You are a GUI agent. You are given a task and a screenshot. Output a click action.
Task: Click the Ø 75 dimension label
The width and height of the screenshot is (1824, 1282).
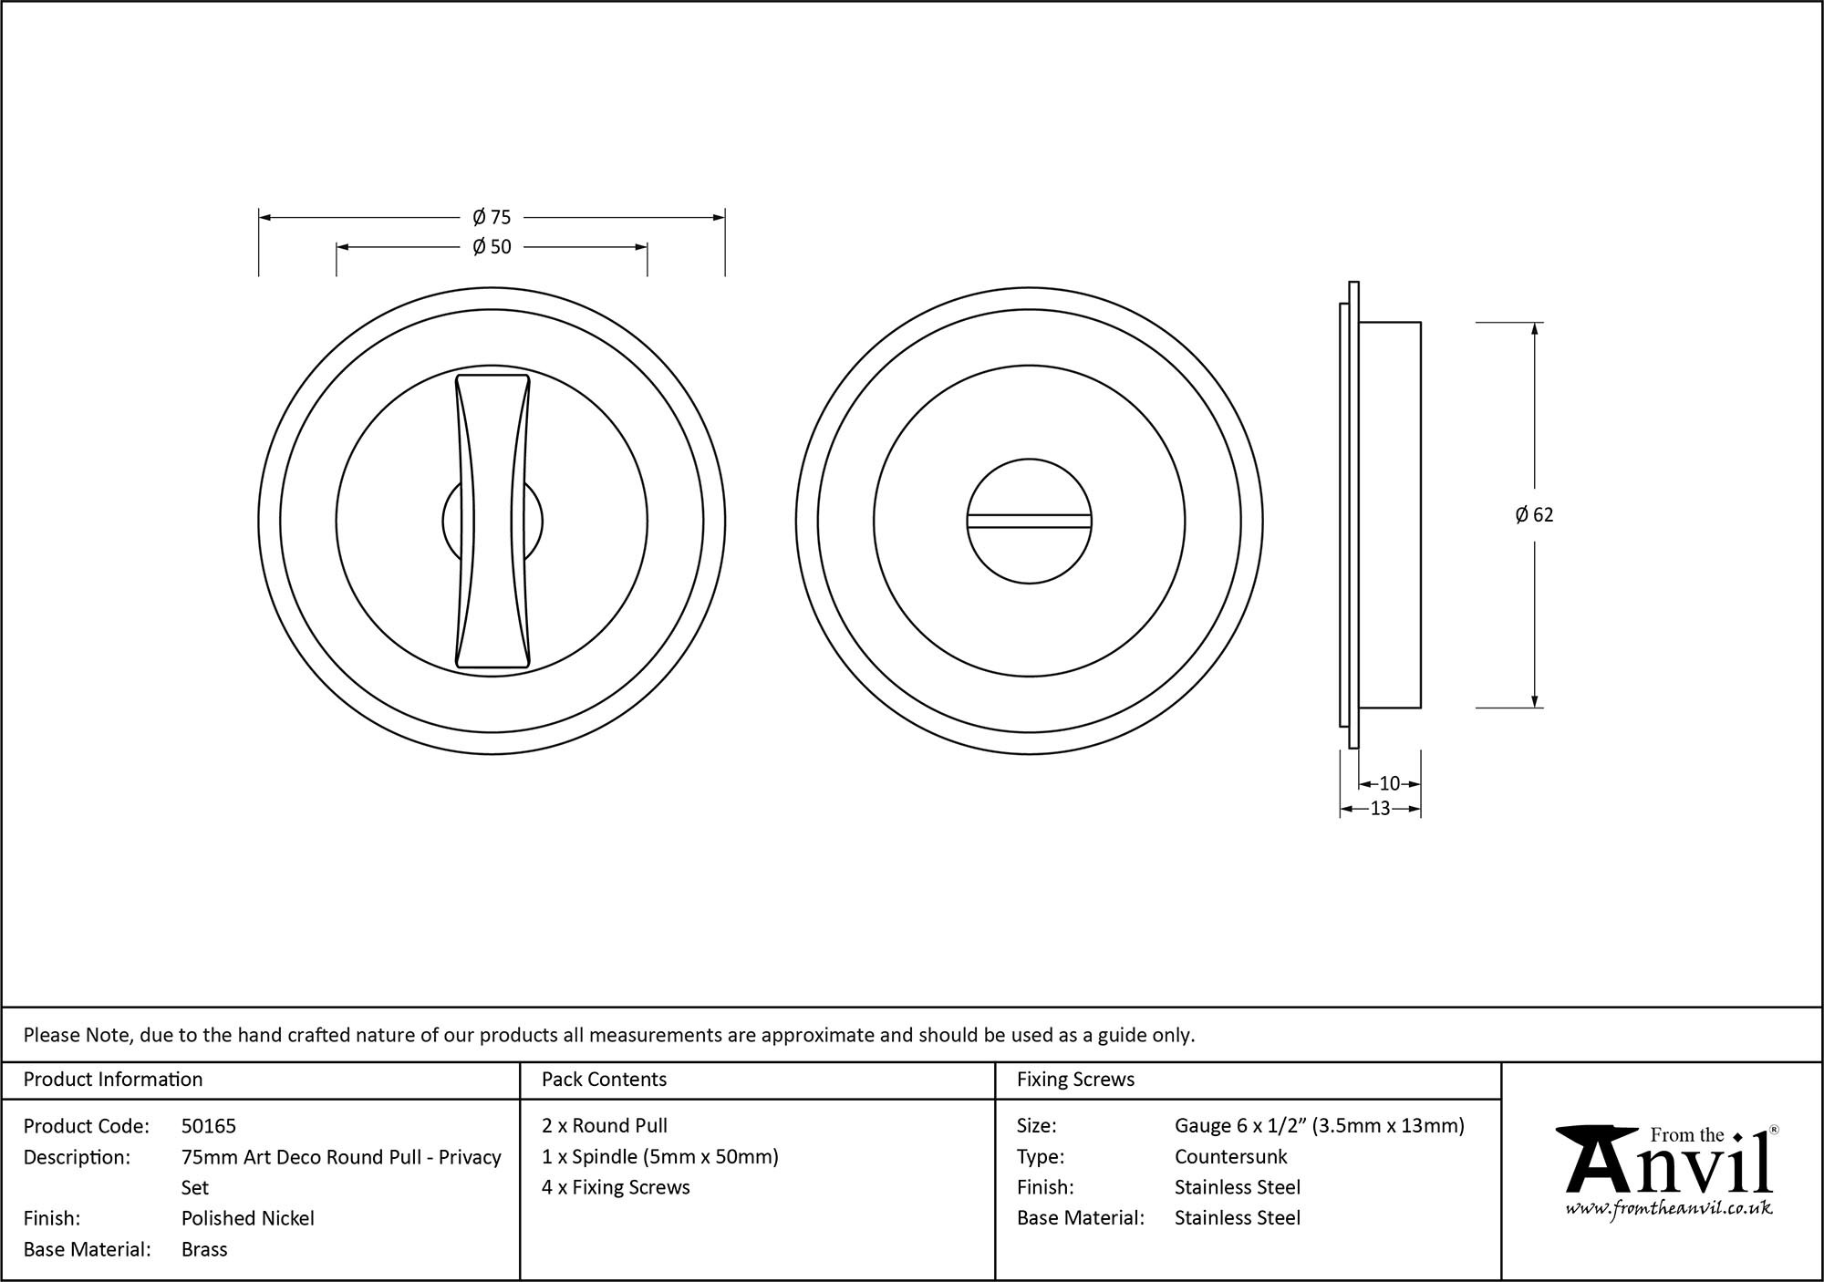pos(492,217)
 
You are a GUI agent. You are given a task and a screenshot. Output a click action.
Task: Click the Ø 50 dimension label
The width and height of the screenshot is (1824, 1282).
pos(492,246)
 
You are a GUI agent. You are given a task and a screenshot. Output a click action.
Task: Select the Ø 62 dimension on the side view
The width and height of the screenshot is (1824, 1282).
pos(1534,515)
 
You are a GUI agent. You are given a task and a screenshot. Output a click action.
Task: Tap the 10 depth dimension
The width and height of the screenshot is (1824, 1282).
pos(1389,783)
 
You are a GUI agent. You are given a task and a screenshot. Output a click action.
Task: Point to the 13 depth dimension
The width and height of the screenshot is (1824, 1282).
pos(1380,808)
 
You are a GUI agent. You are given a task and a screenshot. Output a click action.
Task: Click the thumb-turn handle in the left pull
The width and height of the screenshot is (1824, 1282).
pos(492,522)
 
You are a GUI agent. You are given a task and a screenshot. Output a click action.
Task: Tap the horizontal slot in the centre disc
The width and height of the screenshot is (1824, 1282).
pos(1029,522)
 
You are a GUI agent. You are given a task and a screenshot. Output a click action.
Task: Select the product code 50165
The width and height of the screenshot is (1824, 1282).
pos(209,1126)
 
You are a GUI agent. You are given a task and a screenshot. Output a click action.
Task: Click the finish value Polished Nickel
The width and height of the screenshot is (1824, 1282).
pos(247,1218)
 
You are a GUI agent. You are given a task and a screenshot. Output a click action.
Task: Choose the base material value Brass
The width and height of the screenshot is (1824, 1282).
pos(204,1249)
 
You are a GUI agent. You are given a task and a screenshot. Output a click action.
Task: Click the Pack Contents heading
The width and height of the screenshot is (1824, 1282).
pos(604,1080)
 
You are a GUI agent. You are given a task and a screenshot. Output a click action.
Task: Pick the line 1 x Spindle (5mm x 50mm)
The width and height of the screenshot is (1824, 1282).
pos(659,1157)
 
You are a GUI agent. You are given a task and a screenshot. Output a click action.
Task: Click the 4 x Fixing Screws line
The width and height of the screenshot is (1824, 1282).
pos(616,1187)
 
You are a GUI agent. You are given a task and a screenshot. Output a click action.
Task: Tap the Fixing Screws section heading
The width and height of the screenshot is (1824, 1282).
pos(1075,1080)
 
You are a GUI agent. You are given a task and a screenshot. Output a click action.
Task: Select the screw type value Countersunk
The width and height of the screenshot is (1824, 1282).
pos(1230,1157)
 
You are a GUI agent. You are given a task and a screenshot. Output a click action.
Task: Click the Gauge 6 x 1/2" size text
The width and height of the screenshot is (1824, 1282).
pos(1319,1126)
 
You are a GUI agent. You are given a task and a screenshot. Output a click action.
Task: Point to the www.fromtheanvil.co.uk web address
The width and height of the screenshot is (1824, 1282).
pos(1668,1209)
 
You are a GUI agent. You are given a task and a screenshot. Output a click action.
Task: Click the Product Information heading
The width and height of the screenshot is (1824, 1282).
pos(113,1080)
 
